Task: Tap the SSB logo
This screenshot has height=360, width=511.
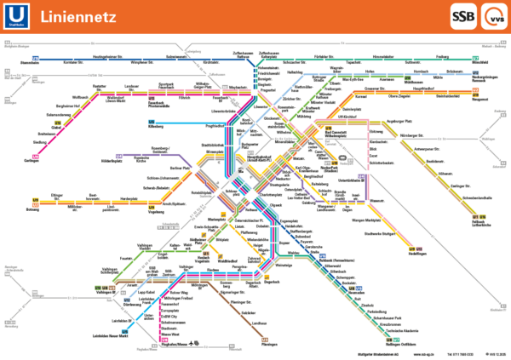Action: pyautogui.click(x=441, y=16)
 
